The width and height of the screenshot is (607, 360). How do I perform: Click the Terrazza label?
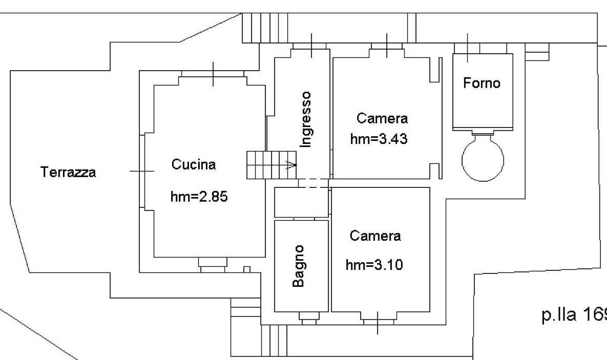pyautogui.click(x=68, y=173)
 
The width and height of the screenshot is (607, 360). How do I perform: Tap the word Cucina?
pyautogui.click(x=193, y=165)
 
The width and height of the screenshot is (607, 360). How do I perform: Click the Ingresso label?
pyautogui.click(x=306, y=119)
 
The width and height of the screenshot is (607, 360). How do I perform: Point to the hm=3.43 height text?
pyautogui.click(x=379, y=139)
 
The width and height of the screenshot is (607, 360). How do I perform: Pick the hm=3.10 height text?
pyautogui.click(x=375, y=265)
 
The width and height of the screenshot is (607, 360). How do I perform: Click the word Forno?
pyautogui.click(x=482, y=83)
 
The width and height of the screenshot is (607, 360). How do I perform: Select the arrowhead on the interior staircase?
pyautogui.click(x=291, y=165)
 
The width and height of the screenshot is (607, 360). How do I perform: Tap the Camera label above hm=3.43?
pyautogui.click(x=382, y=119)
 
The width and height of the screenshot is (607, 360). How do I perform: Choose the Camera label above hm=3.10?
pyautogui.click(x=375, y=236)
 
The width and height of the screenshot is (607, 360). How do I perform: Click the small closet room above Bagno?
pyautogui.click(x=301, y=202)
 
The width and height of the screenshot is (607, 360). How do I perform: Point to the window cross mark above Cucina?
pyautogui.click(x=214, y=74)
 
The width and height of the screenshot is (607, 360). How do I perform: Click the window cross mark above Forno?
pyautogui.click(x=467, y=48)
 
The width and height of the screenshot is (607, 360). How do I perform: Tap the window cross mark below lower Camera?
pyautogui.click(x=378, y=323)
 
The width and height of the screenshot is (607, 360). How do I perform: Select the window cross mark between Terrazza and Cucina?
pyautogui.click(x=141, y=171)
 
